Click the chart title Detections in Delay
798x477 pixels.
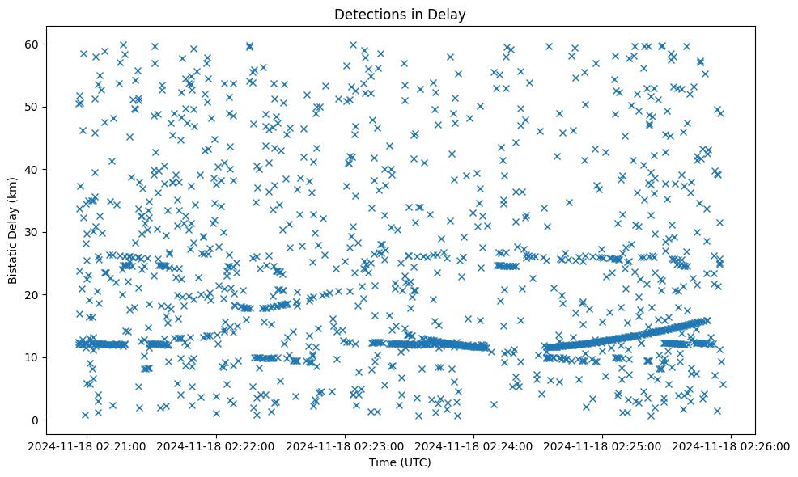(400, 15)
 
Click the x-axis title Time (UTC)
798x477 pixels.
(400, 462)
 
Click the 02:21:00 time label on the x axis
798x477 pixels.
(88, 445)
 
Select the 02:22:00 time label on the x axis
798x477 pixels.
(217, 445)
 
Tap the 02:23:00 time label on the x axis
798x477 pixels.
(346, 445)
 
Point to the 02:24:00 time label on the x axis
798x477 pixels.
(474, 445)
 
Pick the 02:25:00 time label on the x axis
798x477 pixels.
(603, 445)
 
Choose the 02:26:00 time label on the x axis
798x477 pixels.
(732, 445)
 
